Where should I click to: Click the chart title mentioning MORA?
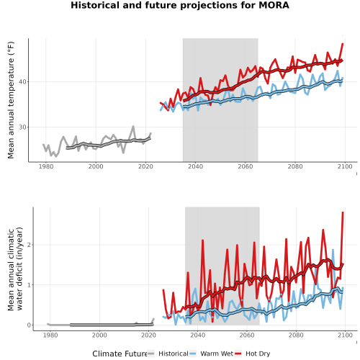tap(180, 5)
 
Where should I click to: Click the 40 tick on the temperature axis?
tap(22, 82)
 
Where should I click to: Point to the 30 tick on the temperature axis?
tap(22, 127)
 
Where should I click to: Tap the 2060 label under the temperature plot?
tap(246, 166)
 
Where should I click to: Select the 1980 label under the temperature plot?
tap(46, 166)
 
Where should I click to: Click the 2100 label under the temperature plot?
tap(345, 166)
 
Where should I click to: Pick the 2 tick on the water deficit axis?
tap(29, 245)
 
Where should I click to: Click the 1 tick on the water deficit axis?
tap(29, 285)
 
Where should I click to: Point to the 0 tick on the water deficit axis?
tap(29, 325)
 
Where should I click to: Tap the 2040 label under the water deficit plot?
tap(197, 335)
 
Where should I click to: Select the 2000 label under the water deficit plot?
tap(99, 335)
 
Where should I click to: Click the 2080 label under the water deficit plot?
tap(296, 335)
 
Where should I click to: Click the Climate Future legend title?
tap(120, 354)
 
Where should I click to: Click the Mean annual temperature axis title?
tap(11, 100)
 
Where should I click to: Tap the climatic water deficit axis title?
tap(15, 269)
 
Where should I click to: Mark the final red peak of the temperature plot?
tap(343, 44)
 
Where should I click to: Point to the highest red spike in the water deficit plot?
tap(343, 212)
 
